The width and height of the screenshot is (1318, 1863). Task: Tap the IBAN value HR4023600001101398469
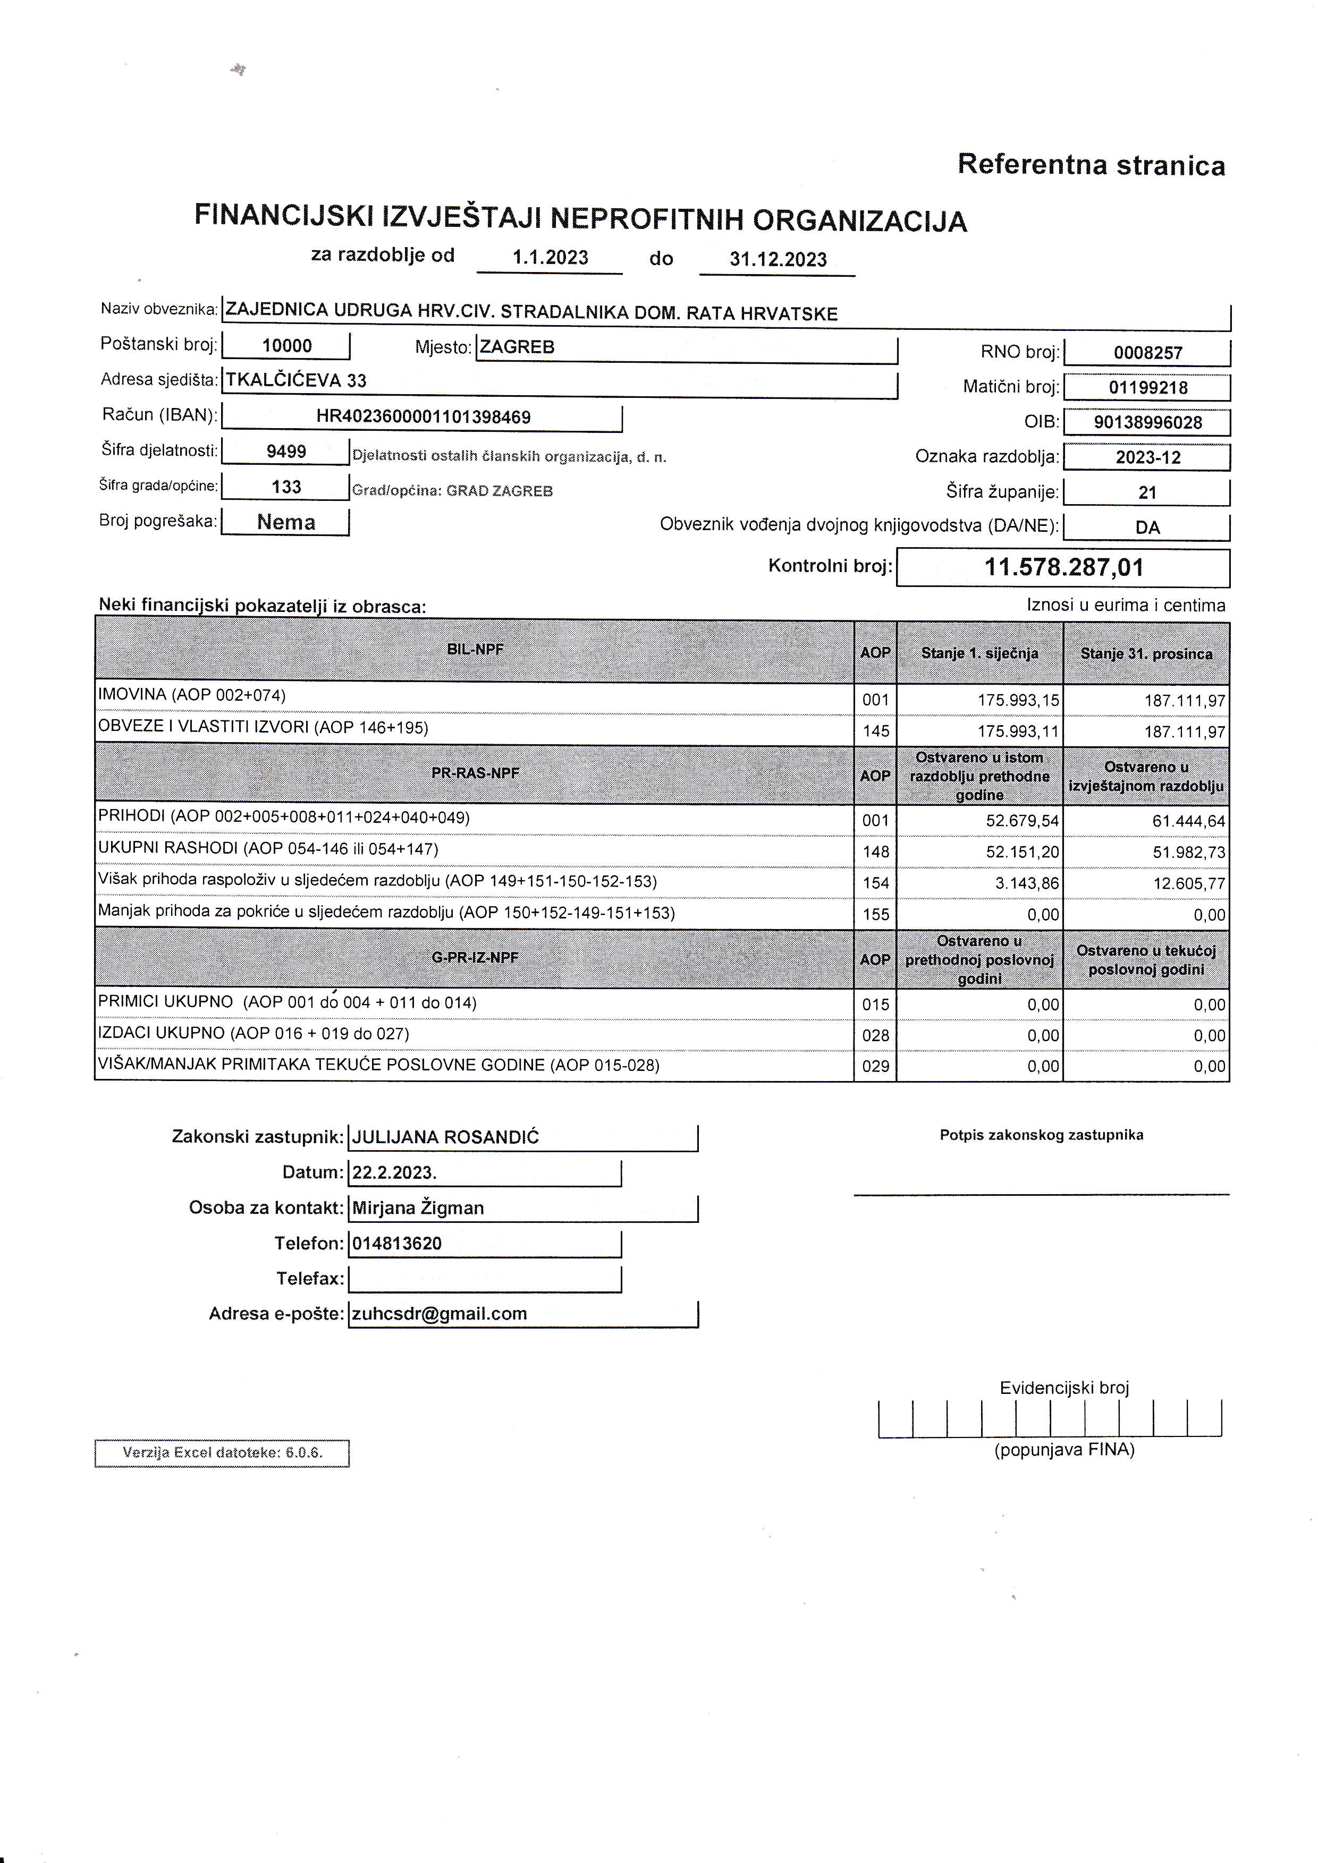point(423,417)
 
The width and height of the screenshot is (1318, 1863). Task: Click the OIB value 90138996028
point(1147,422)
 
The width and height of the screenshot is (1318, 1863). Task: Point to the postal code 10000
point(286,346)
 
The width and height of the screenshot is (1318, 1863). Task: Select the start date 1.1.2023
point(550,258)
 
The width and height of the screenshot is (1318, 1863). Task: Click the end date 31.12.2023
point(778,260)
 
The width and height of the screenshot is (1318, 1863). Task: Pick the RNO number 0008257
point(1147,352)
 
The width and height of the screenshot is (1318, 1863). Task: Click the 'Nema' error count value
point(286,522)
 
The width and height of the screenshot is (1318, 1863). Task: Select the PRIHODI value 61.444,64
point(1188,821)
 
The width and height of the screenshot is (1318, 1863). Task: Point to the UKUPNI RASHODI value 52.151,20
point(1022,852)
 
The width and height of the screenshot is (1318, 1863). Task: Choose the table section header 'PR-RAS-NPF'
point(475,773)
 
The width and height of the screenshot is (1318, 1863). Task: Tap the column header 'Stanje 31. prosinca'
point(1146,654)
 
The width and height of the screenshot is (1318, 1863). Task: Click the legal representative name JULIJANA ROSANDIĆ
point(445,1137)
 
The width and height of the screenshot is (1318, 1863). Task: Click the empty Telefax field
point(485,1279)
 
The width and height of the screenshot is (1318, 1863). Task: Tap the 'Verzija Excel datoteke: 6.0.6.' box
point(222,1452)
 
